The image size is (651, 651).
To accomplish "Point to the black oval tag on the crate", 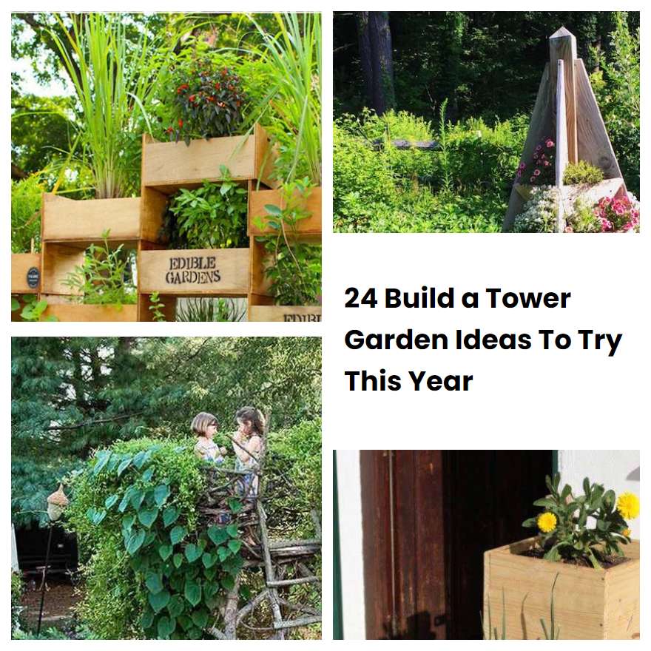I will [33, 277].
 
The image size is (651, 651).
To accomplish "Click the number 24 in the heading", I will [360, 299].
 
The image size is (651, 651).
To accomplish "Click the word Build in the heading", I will [419, 299].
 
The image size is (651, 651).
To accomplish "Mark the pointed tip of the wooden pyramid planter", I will [562, 32].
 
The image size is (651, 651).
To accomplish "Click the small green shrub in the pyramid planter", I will [584, 173].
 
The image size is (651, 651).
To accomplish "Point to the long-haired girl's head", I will [250, 422].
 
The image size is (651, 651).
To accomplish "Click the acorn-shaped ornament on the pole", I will [57, 503].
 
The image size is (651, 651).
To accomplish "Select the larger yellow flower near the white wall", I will [628, 505].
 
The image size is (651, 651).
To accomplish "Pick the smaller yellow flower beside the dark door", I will [547, 522].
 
